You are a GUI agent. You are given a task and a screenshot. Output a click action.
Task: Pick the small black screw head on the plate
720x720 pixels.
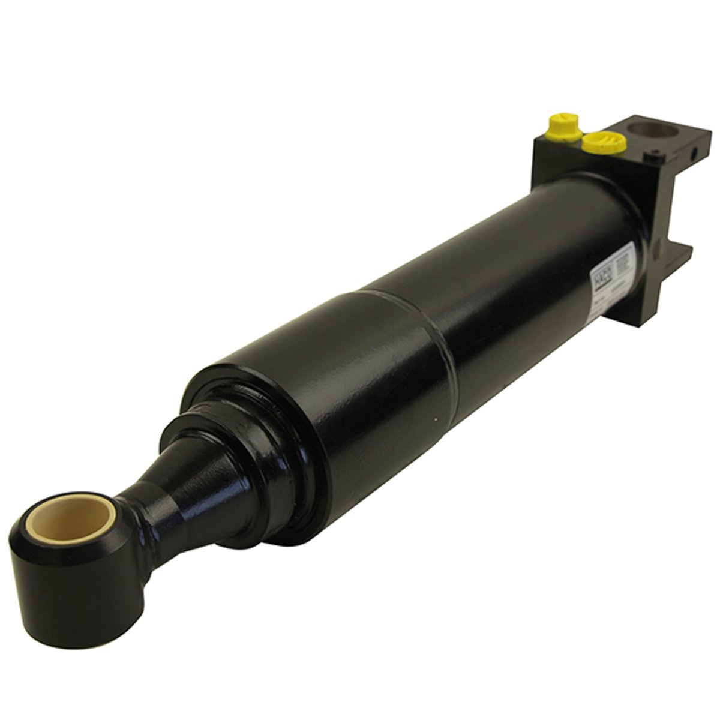651,157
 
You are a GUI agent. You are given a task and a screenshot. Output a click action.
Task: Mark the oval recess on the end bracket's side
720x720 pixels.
656,245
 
